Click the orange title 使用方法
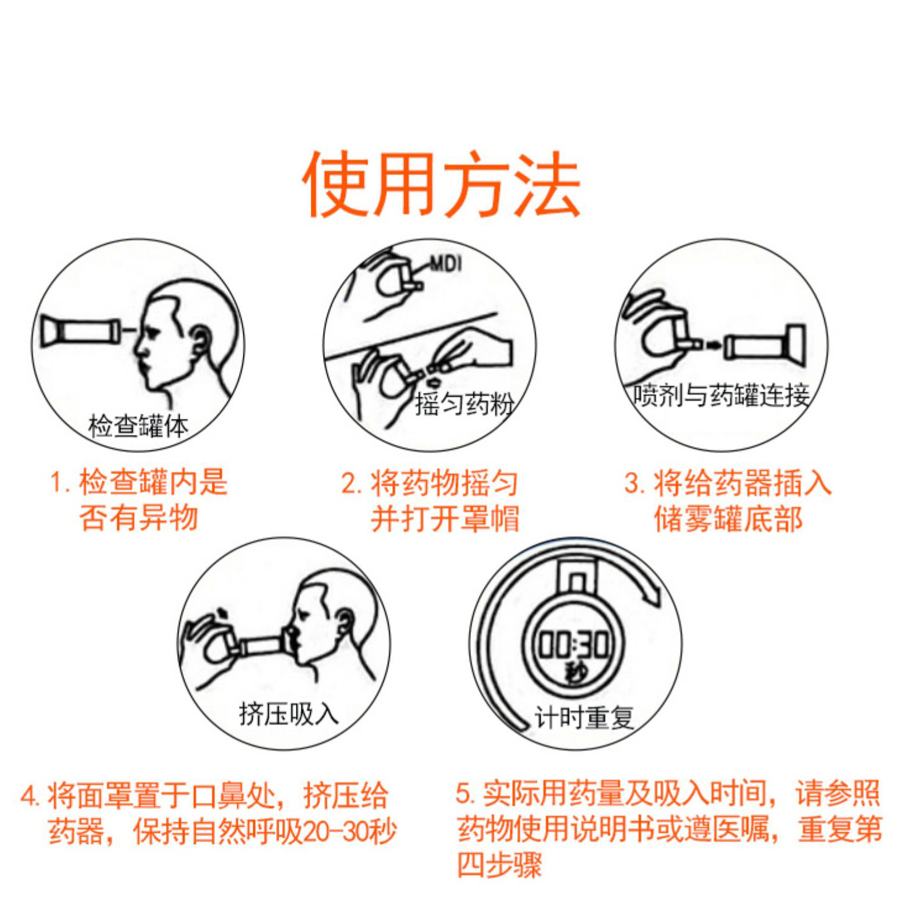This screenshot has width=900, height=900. (x=441, y=183)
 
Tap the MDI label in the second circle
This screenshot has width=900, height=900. (x=446, y=264)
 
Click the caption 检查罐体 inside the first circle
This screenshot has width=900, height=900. (x=138, y=426)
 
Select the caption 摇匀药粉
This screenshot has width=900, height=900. (x=464, y=404)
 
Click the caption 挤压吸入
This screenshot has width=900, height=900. (x=288, y=714)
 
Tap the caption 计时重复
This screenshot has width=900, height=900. (x=584, y=718)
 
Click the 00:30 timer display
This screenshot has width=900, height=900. (x=574, y=644)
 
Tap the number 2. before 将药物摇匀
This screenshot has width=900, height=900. (x=351, y=484)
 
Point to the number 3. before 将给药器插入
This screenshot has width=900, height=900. (x=634, y=484)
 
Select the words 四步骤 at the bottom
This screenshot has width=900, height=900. (x=499, y=865)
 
